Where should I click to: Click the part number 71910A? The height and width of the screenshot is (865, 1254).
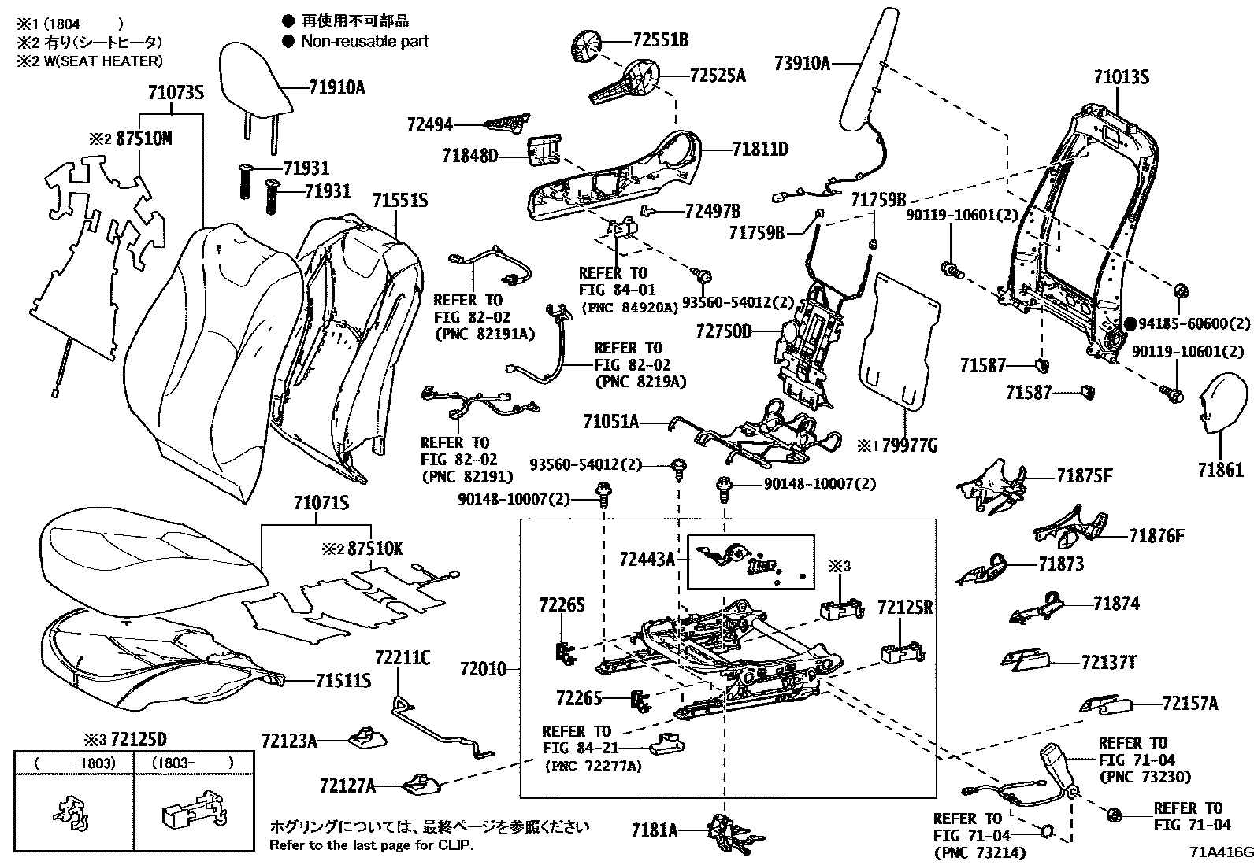coord(336,87)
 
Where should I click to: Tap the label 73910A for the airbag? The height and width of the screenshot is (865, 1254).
coord(802,63)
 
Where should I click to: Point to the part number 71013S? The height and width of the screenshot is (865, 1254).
coord(1121,77)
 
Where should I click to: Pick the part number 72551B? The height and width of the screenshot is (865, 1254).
coord(660,40)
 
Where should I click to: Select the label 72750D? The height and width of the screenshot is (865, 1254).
coord(724,331)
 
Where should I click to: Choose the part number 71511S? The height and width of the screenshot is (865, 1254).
coord(343,680)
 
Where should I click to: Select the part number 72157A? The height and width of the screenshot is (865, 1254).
coord(1189,703)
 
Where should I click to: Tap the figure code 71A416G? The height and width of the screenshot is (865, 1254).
coord(1221,852)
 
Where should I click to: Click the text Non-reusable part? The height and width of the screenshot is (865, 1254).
coord(365,42)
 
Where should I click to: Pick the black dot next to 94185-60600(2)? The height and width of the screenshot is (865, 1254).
coord(1130,323)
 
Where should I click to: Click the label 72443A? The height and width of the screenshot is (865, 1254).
coord(647,560)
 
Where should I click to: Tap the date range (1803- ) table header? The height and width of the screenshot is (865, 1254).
coord(194,763)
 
